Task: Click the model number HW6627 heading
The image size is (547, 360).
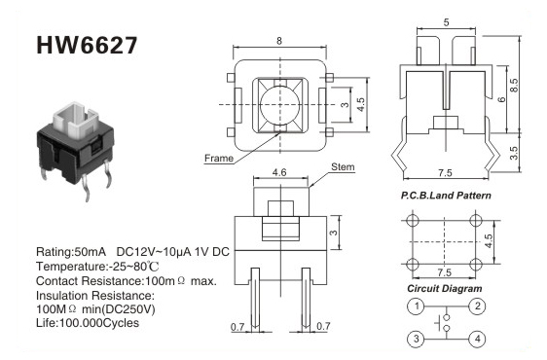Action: [x=87, y=46]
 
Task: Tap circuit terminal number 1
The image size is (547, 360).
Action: [x=416, y=306]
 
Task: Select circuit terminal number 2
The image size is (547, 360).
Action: [x=477, y=306]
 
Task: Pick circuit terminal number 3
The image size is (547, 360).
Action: [x=416, y=339]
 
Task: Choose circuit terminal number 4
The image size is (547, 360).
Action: [x=477, y=339]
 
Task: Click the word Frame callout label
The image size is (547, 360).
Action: [x=219, y=159]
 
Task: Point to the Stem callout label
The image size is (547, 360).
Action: [x=343, y=167]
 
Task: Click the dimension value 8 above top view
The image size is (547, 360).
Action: [x=279, y=41]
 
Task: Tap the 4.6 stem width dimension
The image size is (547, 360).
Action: [x=279, y=172]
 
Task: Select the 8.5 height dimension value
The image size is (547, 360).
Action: [x=514, y=85]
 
